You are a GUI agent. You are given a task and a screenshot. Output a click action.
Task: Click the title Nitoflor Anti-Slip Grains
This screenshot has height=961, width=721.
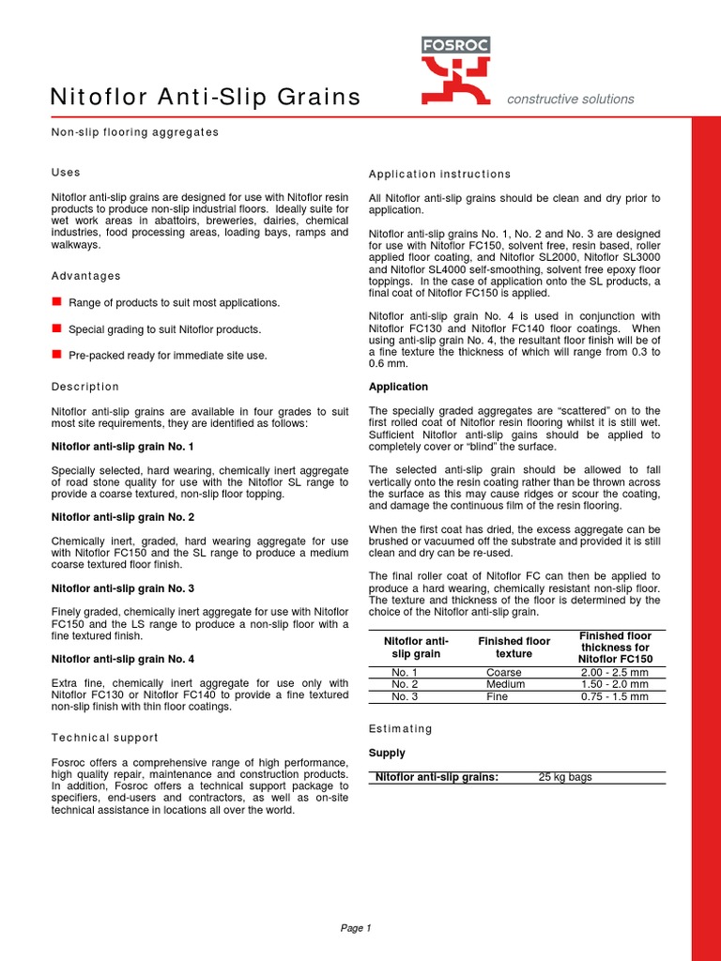pos(205,97)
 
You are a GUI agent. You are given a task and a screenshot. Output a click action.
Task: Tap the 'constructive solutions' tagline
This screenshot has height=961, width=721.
pos(570,99)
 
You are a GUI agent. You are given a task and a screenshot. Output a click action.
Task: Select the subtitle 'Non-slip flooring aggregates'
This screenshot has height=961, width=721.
pos(134,132)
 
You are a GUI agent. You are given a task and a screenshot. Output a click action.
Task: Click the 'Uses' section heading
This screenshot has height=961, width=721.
pos(65,173)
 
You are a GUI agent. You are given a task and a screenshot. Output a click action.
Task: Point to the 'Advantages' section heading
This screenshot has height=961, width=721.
pos(85,276)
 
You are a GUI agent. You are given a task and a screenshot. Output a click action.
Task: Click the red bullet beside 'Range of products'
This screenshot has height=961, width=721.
pos(56,301)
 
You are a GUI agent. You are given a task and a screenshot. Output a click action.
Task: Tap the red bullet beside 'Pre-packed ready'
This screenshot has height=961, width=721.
pos(56,354)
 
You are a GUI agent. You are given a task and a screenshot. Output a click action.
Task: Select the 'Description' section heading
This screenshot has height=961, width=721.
pos(84,387)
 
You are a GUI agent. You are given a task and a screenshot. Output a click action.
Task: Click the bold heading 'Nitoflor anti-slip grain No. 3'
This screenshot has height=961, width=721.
pos(122,588)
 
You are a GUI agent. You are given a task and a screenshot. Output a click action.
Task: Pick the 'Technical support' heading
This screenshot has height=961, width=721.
pos(104,738)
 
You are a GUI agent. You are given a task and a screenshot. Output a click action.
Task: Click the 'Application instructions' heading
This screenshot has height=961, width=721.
pos(439,175)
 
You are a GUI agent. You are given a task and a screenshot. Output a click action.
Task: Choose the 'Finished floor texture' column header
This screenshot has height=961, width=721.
pos(514,648)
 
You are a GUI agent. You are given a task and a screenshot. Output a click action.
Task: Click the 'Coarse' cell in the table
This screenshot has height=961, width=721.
pos(504,673)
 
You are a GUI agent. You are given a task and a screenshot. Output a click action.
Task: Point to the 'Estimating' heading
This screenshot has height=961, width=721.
pos(401,728)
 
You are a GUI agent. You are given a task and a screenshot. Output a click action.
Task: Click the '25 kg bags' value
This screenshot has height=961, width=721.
pos(565,777)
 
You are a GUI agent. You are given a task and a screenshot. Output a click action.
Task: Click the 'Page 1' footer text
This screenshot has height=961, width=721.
pos(356,928)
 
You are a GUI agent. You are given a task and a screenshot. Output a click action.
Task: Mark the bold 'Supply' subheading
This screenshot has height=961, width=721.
pos(387,753)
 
